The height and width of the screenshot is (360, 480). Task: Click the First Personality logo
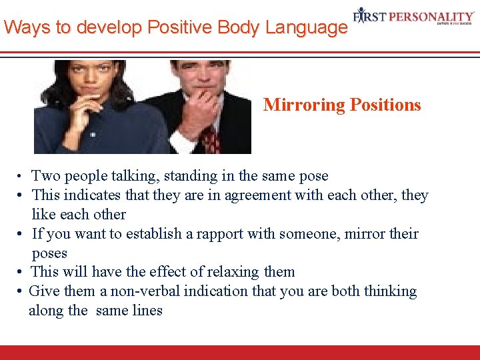point(413,15)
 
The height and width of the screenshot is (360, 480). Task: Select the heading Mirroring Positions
point(342,105)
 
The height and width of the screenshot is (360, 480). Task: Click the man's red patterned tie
point(210,139)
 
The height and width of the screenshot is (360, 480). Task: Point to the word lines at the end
point(147,311)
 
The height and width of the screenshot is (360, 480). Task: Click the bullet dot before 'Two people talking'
point(22,177)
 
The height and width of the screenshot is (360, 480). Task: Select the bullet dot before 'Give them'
point(22,291)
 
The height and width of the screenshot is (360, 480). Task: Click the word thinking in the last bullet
point(389,291)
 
